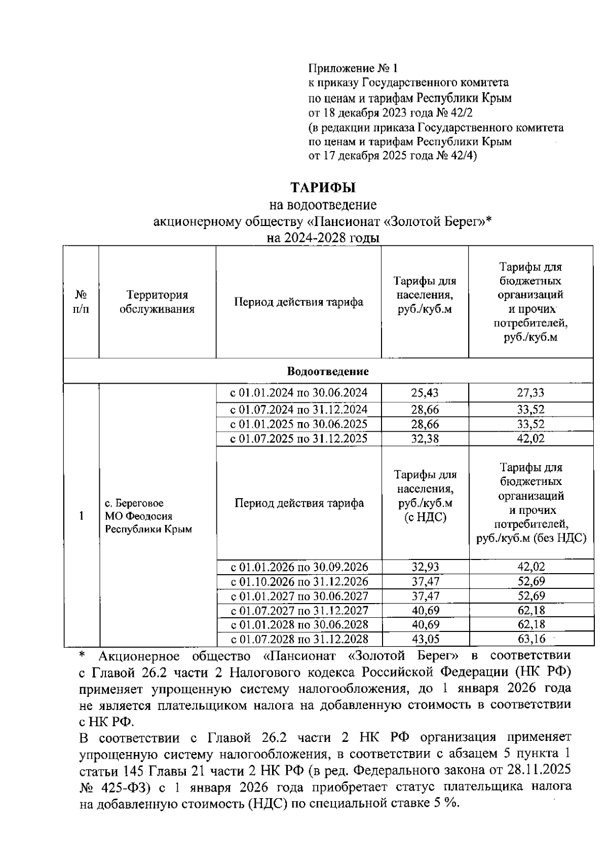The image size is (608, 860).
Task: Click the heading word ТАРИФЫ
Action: [x=323, y=188]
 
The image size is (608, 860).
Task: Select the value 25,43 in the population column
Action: [x=425, y=393]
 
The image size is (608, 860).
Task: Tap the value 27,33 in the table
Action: [x=530, y=393]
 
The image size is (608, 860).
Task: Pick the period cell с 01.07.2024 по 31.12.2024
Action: [x=298, y=409]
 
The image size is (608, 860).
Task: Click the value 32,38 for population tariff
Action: [x=425, y=439]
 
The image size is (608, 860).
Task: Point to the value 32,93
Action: [x=425, y=567]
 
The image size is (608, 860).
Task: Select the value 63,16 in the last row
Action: [x=530, y=639]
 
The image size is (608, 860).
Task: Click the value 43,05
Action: [x=425, y=639]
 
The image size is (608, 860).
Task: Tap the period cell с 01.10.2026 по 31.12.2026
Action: [x=299, y=581]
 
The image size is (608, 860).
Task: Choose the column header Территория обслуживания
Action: [x=157, y=302]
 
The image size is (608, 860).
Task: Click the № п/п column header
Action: [x=81, y=302]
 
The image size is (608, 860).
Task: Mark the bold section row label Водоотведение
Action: [x=328, y=371]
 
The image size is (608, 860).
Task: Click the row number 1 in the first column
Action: [x=81, y=516]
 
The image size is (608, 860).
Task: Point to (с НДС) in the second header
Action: [x=425, y=518]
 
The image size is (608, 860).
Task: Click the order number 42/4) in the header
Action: [x=462, y=156]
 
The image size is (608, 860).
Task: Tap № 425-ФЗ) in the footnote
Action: [x=111, y=788]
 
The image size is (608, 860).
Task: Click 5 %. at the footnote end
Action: [x=446, y=803]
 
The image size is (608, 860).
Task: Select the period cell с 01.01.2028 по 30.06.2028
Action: [x=299, y=625]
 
